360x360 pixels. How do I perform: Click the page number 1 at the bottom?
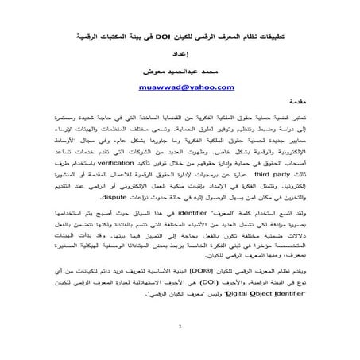181,347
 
